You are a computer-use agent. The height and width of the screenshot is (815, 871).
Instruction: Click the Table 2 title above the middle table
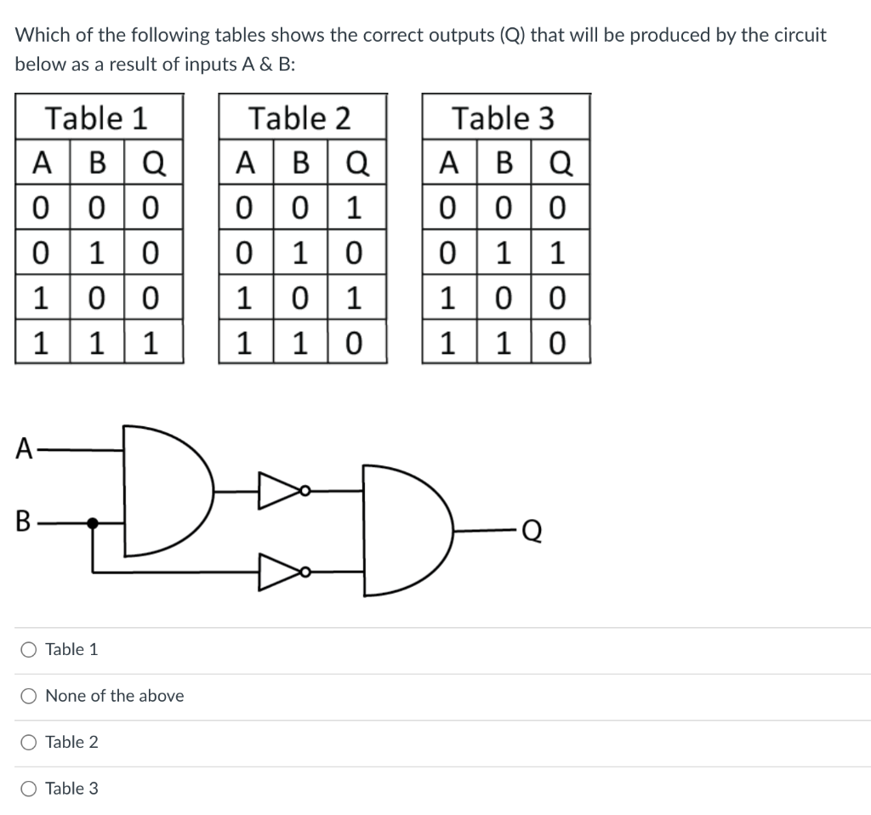coord(299,117)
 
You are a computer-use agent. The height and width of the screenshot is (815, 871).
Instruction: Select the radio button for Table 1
coord(29,650)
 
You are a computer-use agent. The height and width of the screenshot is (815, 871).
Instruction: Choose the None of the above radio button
coord(29,696)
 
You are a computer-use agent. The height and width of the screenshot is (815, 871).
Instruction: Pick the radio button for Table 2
coord(29,743)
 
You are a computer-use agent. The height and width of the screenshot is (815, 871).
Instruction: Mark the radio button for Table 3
coord(29,789)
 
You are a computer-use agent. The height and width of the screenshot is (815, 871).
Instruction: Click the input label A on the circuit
coord(25,447)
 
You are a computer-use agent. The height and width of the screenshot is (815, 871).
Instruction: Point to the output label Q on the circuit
coord(530,531)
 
